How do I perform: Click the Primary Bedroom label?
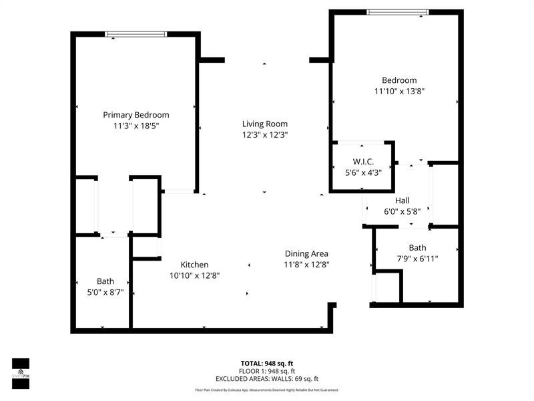tap(136, 114)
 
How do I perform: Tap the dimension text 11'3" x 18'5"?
tap(136, 125)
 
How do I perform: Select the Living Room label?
tap(265, 124)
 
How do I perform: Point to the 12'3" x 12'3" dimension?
tap(265, 134)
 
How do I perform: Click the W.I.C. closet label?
tap(363, 162)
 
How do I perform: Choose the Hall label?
tap(403, 200)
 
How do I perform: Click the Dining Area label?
tap(306, 253)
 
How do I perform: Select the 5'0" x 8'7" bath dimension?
tap(105, 292)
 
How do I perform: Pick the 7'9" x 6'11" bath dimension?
tap(417, 258)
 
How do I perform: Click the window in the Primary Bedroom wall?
tap(136, 34)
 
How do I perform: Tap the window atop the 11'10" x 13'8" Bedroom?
tap(398, 11)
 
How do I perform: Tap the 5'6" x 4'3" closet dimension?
tap(363, 172)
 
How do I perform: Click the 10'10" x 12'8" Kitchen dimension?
tap(194, 275)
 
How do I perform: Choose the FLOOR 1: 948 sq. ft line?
tap(267, 371)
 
